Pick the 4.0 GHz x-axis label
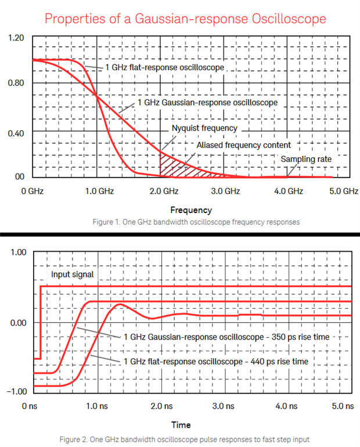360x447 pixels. click(x=288, y=190)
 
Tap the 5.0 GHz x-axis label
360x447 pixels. click(x=344, y=190)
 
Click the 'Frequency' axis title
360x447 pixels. click(x=191, y=210)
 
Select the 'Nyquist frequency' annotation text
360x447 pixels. click(x=204, y=128)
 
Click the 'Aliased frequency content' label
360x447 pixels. click(x=244, y=145)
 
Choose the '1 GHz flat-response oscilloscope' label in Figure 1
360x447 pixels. click(x=164, y=68)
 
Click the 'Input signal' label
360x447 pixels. click(x=72, y=275)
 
